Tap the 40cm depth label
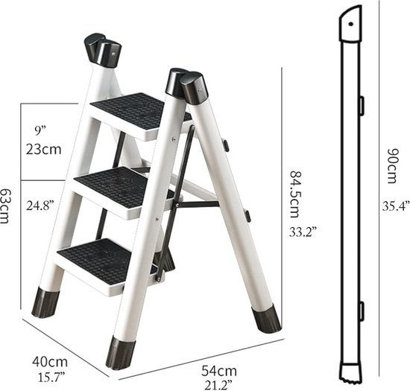[x=46, y=362]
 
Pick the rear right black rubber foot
[x=267, y=318]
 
